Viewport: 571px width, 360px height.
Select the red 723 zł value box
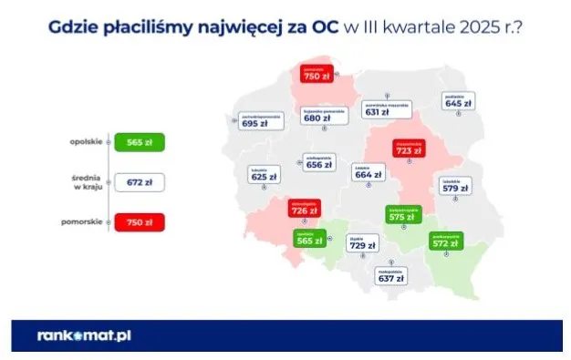408,149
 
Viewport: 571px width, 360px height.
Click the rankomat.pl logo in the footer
85,335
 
